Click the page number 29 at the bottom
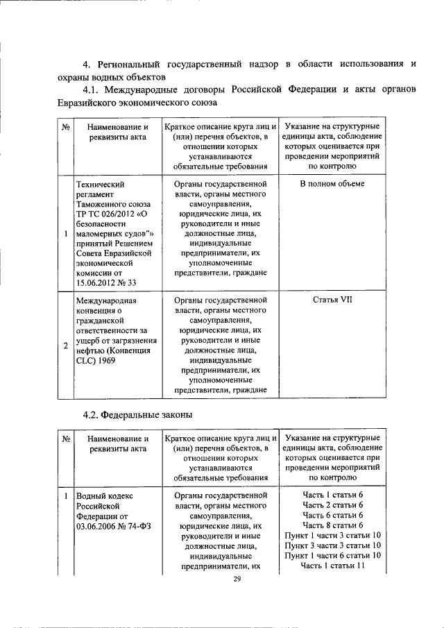236,579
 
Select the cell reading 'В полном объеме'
332,184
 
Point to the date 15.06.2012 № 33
104,284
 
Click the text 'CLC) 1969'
95,361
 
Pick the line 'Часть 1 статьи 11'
332,566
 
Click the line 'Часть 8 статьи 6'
332,525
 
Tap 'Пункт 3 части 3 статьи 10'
332,546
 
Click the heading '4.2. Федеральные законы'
137,414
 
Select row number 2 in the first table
65,346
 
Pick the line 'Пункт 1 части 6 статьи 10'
332,557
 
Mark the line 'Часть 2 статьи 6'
332,505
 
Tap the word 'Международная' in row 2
106,300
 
